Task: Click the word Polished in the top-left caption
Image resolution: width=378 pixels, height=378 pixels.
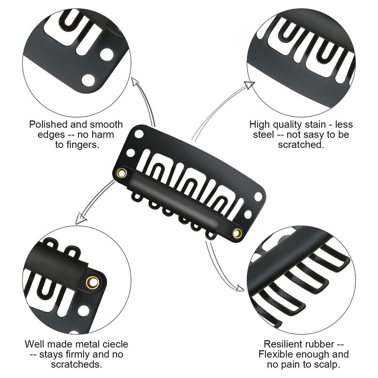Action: pos(48,125)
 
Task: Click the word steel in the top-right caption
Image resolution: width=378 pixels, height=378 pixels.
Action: pos(264,135)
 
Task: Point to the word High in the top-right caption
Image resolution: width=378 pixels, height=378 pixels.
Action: pos(259,125)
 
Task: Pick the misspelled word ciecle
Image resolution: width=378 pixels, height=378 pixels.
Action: pos(114,344)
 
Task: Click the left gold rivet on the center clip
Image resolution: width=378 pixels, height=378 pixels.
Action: pos(122,173)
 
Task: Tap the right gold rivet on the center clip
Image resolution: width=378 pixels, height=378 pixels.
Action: pos(237,233)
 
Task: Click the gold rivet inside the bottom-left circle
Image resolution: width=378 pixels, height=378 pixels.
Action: pos(93,282)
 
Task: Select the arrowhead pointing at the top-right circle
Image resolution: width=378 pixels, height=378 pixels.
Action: pos(250,85)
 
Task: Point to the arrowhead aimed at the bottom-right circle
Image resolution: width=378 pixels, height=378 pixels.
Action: pos(240,288)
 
